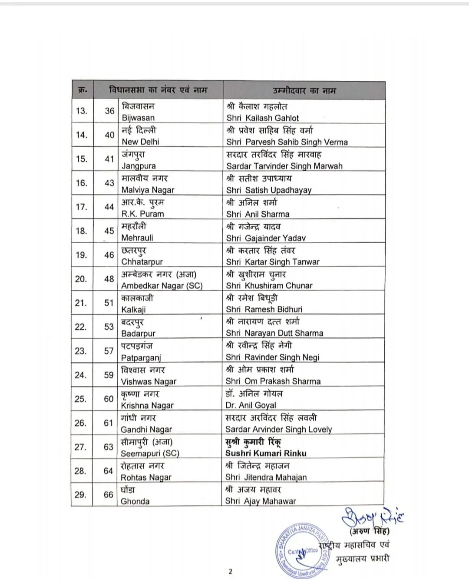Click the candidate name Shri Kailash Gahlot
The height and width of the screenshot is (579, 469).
coord(263,118)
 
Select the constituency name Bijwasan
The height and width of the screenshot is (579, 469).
coord(138,118)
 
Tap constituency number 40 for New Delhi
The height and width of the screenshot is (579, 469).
coord(109,135)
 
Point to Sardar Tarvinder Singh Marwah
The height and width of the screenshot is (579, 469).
coord(284,166)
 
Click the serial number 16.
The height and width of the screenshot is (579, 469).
coord(82,183)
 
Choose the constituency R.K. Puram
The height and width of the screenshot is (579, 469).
coord(143,214)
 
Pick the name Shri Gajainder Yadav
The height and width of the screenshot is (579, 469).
coord(266,238)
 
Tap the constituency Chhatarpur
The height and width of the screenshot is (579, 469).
coord(142,262)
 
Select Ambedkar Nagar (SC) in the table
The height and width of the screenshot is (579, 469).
coord(162,286)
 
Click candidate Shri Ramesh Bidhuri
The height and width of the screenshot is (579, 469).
coord(264,309)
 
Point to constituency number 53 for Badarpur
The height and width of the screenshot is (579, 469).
coord(109,327)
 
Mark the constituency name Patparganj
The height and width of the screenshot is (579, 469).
coord(141,357)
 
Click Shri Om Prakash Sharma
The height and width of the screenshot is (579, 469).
coord(273,381)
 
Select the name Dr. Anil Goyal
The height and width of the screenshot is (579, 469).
coord(251,405)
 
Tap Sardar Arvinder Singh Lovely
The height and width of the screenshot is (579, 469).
coord(278,429)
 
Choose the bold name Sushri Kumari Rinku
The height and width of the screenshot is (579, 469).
coord(266,453)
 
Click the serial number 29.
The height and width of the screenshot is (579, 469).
coord(81,495)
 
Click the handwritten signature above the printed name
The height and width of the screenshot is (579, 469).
coord(372,517)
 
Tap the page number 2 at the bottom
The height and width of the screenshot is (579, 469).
coord(231,572)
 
